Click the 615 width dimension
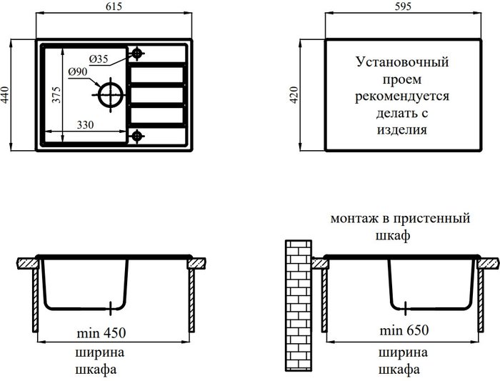point(113,6)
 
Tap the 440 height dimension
point(6,95)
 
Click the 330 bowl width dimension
point(86,125)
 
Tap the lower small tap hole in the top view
point(136,134)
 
